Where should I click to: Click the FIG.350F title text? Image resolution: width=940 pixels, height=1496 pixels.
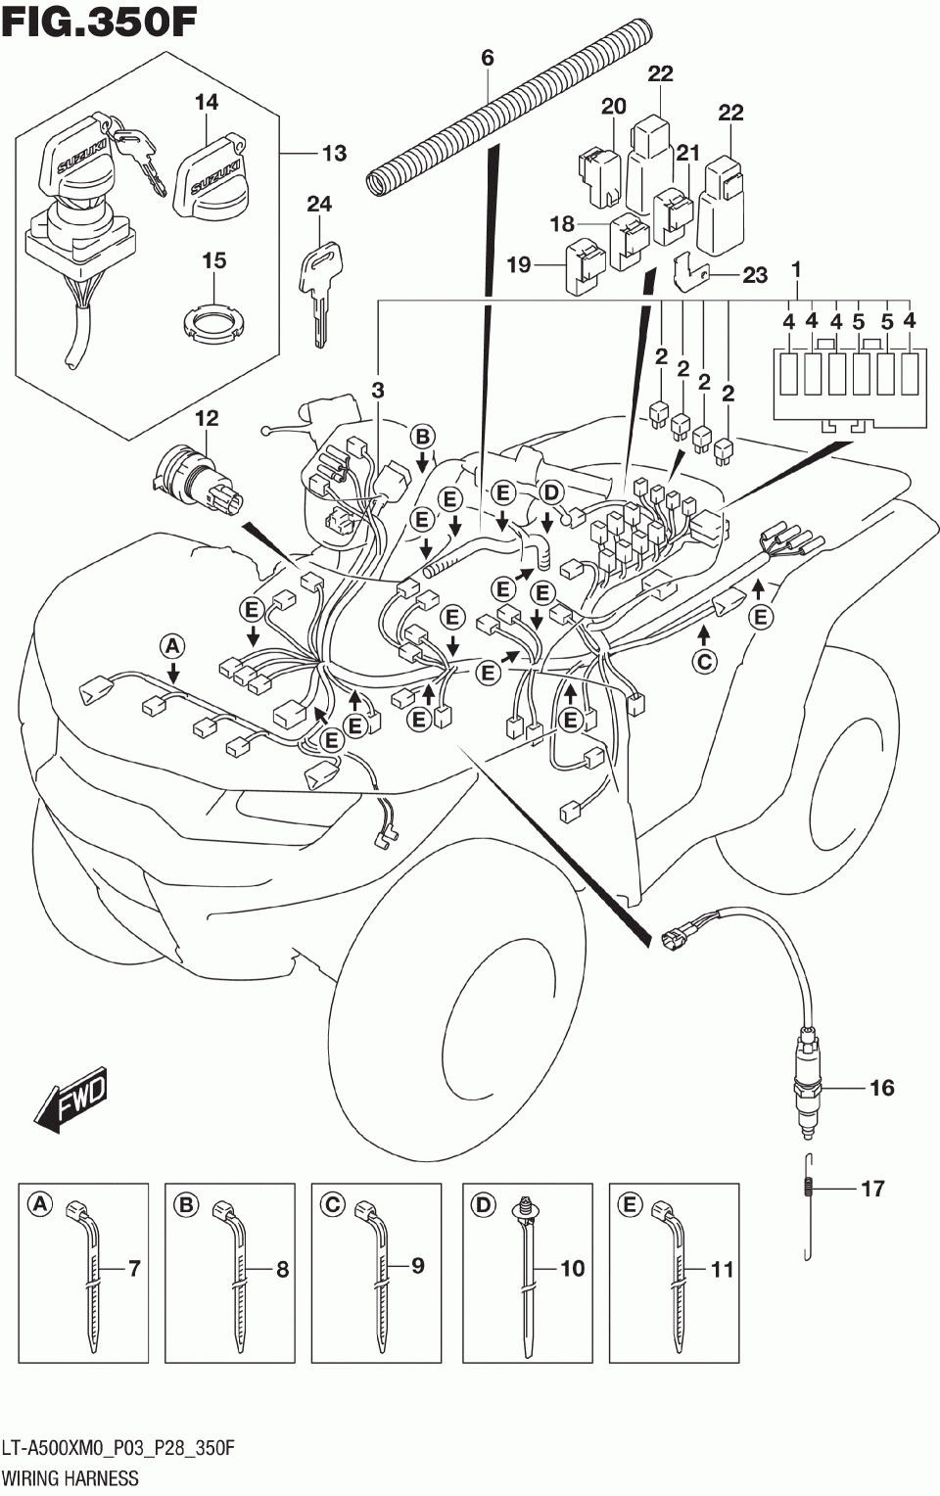tap(100, 22)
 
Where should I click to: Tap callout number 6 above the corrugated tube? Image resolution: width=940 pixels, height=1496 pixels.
tap(488, 59)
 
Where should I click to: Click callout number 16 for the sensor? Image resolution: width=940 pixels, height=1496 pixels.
tap(881, 1088)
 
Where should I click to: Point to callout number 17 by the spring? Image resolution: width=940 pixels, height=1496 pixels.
tap(872, 1189)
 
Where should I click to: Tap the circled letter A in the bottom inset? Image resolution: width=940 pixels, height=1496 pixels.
tap(39, 1204)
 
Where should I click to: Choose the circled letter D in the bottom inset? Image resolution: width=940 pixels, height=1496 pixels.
tap(483, 1204)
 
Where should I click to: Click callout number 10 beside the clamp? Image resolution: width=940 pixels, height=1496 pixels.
tap(572, 1269)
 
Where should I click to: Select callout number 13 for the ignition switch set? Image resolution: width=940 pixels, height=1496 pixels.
tap(334, 153)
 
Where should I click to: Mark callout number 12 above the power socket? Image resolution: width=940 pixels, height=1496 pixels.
tap(206, 418)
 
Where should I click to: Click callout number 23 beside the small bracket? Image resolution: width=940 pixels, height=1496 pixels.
tap(754, 275)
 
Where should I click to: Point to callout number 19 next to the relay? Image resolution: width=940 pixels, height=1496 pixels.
tap(518, 264)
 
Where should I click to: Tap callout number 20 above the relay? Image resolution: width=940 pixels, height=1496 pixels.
tap(613, 106)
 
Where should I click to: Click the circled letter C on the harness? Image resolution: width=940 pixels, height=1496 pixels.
tap(704, 662)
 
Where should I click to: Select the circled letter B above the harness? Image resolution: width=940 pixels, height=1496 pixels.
tap(421, 437)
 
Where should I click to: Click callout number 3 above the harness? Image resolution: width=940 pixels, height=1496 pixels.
tap(378, 390)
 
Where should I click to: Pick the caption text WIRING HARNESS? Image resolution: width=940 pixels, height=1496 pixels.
tap(70, 1477)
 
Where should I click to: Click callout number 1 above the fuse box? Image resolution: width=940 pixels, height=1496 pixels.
tap(796, 268)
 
